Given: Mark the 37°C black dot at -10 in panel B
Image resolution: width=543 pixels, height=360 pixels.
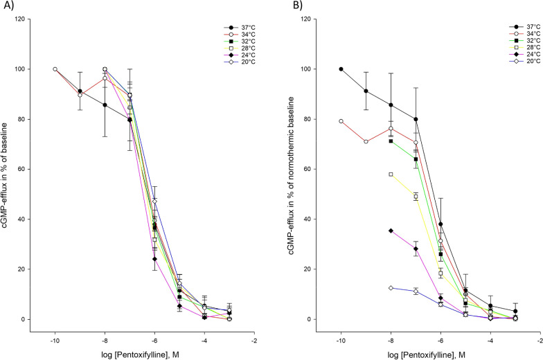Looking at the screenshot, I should point(341,69).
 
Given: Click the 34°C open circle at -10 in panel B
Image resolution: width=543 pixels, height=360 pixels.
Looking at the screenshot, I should point(341,121).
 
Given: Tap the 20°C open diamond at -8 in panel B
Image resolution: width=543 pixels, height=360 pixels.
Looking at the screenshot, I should point(391,288).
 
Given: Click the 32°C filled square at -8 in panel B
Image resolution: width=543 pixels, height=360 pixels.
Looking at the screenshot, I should point(391,141).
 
